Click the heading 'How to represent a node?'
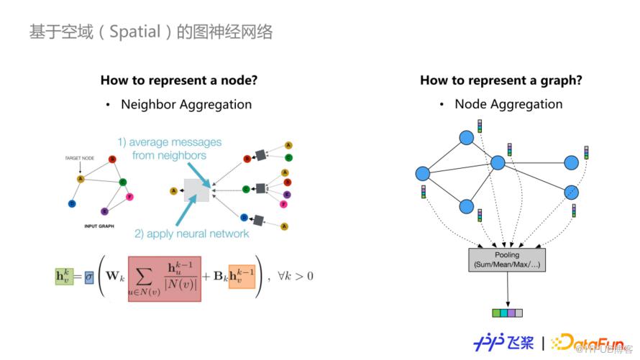point(178,80)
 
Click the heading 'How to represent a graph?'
point(500,80)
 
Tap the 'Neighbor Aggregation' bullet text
point(186,104)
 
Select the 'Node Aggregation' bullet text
point(508,104)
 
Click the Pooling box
point(507,259)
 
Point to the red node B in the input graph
point(112,160)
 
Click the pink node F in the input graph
point(129,196)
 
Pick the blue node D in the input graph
point(72,204)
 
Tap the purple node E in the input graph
point(104,211)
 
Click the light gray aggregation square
point(196,190)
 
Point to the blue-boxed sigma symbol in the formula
point(88,275)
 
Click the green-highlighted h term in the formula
point(65,275)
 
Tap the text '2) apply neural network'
point(191,234)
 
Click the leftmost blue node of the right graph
point(422,173)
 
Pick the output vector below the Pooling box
point(507,313)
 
